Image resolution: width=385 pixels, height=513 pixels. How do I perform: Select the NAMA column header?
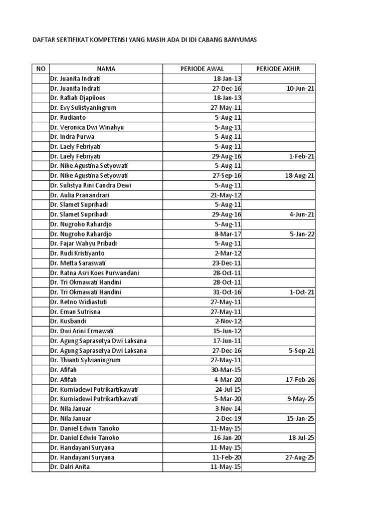click(x=106, y=69)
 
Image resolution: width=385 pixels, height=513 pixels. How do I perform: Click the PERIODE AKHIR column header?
click(x=278, y=69)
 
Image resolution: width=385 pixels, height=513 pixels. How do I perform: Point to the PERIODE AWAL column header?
click(x=202, y=69)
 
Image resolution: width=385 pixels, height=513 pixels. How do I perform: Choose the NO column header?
click(x=40, y=69)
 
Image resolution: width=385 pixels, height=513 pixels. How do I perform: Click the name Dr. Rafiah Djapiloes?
click(x=78, y=98)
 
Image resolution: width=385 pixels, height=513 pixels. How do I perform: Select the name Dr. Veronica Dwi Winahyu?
click(x=87, y=127)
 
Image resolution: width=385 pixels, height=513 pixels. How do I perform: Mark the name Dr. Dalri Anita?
click(x=70, y=467)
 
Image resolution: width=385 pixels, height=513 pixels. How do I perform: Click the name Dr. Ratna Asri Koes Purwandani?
click(x=94, y=273)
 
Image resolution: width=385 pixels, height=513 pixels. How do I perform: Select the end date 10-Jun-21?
click(x=300, y=88)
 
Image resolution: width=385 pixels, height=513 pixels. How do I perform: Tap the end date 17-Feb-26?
click(x=300, y=380)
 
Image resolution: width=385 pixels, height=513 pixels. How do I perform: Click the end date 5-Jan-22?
click(x=302, y=234)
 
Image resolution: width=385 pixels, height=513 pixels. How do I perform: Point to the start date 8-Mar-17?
click(x=228, y=234)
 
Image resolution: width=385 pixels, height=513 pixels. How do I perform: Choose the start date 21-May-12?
click(x=226, y=195)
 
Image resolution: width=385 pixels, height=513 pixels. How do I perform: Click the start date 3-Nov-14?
click(x=228, y=409)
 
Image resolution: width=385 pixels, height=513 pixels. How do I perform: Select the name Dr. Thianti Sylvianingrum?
click(x=85, y=360)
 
